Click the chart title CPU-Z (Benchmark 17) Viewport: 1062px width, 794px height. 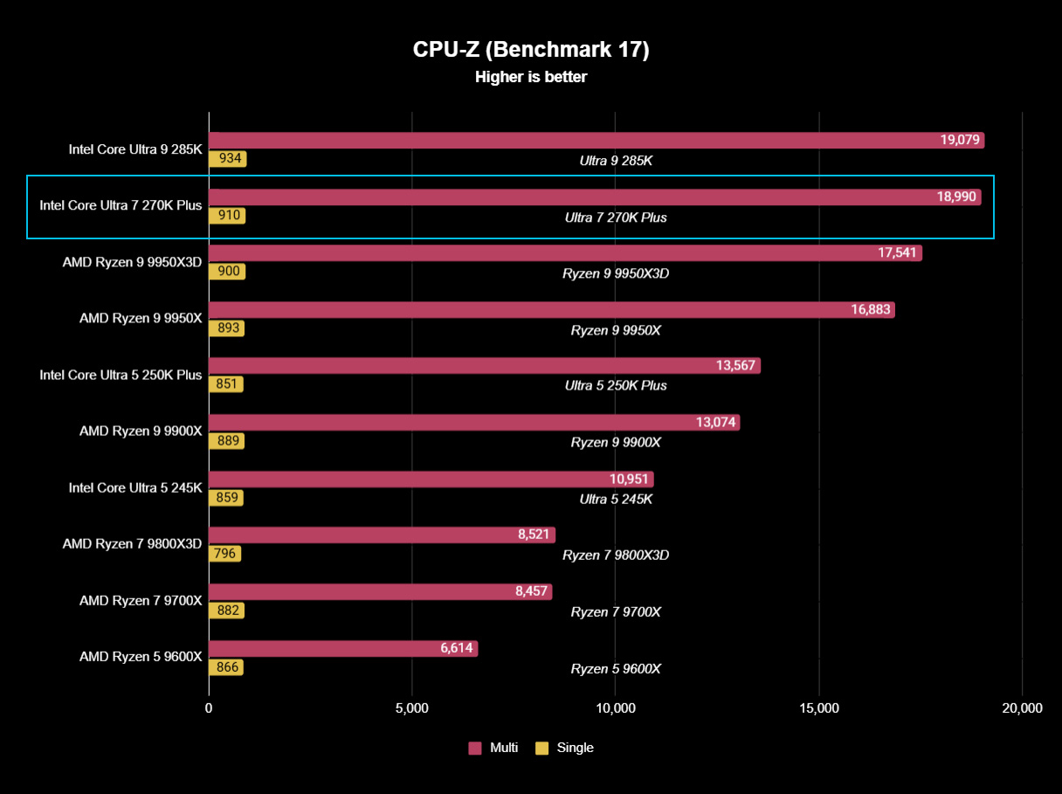point(531,50)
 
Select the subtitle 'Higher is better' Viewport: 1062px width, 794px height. point(531,77)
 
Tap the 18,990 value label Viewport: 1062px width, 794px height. point(956,197)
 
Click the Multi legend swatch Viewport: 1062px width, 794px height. point(475,748)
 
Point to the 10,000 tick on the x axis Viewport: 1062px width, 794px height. point(615,708)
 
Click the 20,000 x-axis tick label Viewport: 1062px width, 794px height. point(1022,708)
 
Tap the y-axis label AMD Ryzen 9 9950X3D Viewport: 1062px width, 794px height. point(132,262)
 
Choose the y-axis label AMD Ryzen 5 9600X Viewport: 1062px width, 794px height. point(141,657)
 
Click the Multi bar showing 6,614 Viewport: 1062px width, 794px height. point(343,648)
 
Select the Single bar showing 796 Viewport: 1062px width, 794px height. point(224,554)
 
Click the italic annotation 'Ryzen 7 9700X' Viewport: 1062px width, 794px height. point(616,612)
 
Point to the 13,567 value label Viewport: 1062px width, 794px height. point(736,366)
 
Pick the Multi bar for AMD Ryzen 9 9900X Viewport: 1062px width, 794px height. point(474,423)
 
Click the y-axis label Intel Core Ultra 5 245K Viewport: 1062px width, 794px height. point(135,487)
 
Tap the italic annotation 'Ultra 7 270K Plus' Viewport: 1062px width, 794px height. point(616,217)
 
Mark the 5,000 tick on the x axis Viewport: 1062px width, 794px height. point(411,708)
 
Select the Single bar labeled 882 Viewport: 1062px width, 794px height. point(226,611)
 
